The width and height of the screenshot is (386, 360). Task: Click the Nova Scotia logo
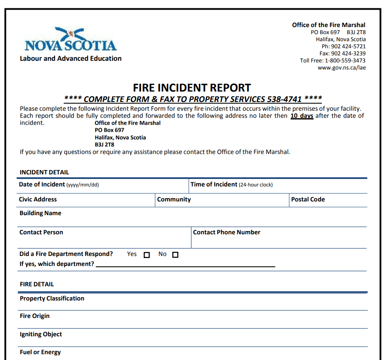pos(70,40)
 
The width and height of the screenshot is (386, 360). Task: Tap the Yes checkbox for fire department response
pos(147,255)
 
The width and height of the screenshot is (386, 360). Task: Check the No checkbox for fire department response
pos(175,255)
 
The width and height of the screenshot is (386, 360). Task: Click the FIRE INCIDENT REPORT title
pos(192,88)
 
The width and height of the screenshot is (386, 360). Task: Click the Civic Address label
pos(38,199)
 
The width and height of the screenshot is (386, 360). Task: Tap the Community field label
pos(174,199)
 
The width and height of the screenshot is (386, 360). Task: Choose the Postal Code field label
pos(308,199)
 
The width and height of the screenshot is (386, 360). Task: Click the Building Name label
pos(40,213)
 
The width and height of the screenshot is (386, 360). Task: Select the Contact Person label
pos(41,232)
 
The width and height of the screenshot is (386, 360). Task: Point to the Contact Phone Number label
pos(227,232)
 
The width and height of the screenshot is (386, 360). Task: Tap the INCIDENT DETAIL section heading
pos(45,172)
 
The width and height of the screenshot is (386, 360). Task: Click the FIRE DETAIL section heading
pos(37,284)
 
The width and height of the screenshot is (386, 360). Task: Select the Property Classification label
pos(52,298)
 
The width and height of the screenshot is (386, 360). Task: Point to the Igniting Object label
pos(41,334)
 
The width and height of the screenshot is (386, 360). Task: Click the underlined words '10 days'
pos(302,116)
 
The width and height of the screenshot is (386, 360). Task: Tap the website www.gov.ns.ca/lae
pos(342,67)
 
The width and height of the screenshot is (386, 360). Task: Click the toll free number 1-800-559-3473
pos(345,60)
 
